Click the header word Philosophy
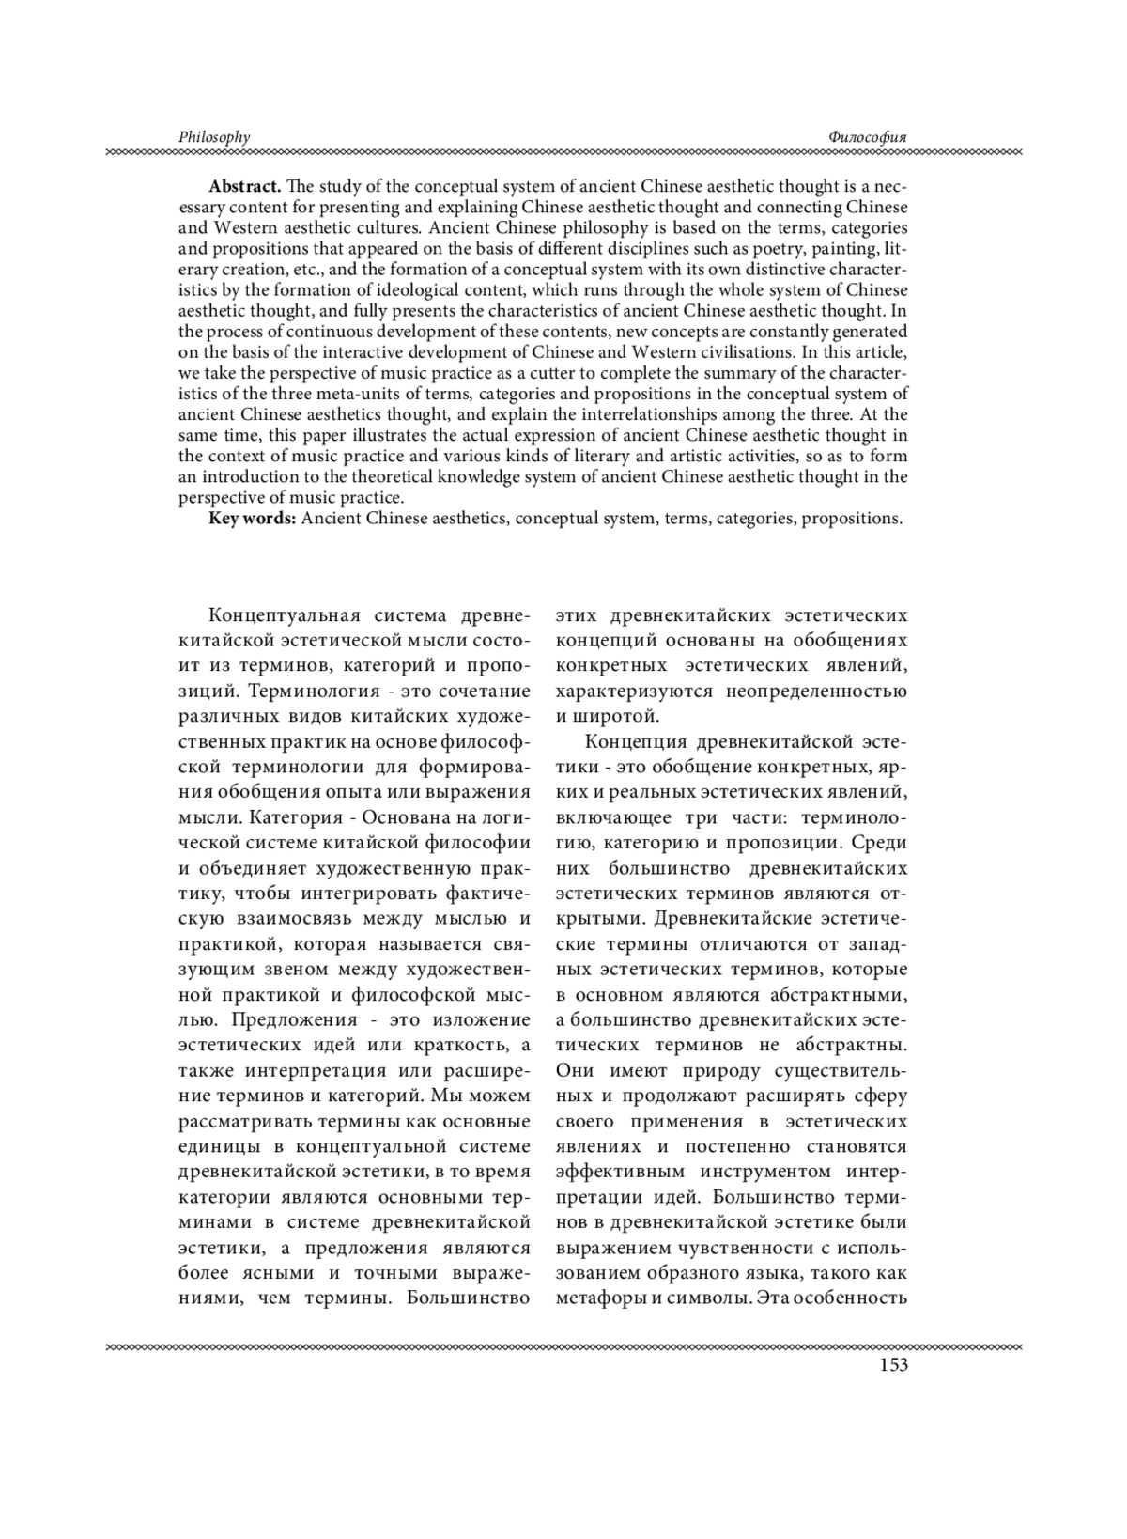pos(214,137)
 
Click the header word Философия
pos(868,137)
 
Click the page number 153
pos(893,1365)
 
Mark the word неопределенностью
pos(816,692)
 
